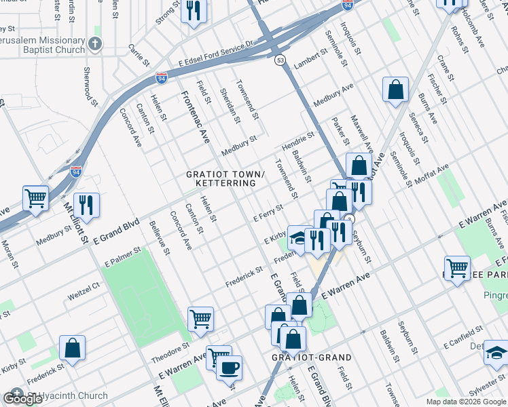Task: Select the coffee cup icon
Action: pos(229,367)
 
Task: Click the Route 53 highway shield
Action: pos(280,60)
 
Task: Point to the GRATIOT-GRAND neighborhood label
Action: pos(312,357)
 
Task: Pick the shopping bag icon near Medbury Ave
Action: pos(395,90)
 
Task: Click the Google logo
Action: pos(22,398)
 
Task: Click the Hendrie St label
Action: pos(299,142)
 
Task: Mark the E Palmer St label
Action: pos(123,256)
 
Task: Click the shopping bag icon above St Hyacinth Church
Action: pos(72,347)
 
